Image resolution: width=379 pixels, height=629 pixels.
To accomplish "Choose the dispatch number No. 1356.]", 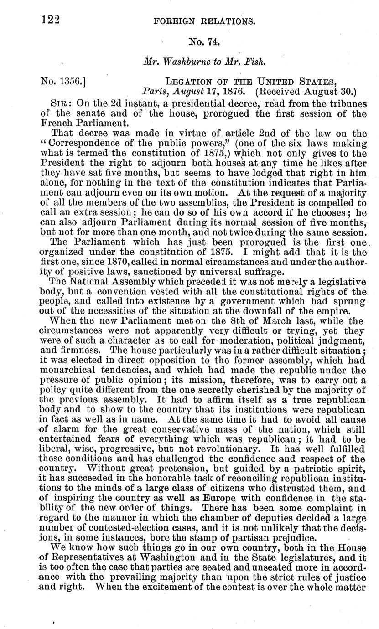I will (x=64, y=82).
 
